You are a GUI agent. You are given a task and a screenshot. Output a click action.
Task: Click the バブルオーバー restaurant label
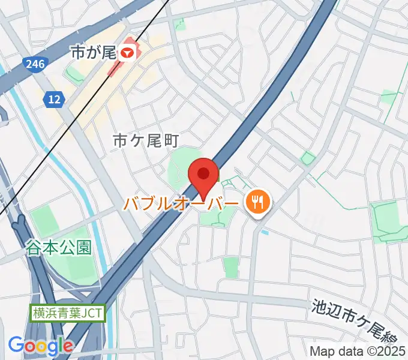[x=181, y=203]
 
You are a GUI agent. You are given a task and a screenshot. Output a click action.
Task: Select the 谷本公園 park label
[x=59, y=247]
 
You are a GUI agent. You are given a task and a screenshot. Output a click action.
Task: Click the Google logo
[x=40, y=346]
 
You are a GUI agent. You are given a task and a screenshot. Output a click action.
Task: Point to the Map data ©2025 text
[x=356, y=351]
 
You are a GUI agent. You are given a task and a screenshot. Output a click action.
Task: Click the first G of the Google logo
[x=16, y=345]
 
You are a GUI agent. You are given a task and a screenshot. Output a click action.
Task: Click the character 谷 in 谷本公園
[x=34, y=247]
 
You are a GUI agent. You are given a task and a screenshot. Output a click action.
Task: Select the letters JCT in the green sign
[x=92, y=313]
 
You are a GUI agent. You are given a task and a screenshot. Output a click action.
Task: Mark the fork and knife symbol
[x=257, y=202]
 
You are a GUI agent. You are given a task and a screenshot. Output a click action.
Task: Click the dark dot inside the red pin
[x=203, y=173]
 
